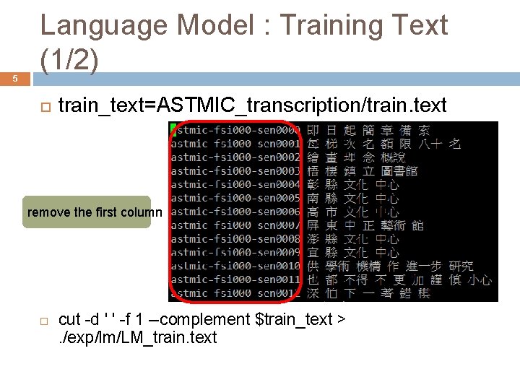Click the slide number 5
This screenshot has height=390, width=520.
click(x=15, y=80)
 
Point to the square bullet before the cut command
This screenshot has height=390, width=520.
click(x=43, y=320)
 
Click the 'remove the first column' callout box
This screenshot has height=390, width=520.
click(x=87, y=212)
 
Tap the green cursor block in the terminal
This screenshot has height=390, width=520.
click(x=173, y=130)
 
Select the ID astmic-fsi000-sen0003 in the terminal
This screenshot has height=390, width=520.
click(x=235, y=171)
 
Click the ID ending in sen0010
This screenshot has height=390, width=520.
click(x=235, y=266)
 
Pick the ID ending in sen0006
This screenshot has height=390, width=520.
click(x=235, y=212)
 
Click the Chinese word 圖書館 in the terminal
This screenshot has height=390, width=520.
click(x=400, y=171)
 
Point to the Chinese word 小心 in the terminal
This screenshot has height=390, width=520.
click(x=479, y=279)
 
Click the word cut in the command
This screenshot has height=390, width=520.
click(x=69, y=319)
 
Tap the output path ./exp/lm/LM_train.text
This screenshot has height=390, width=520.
click(x=137, y=337)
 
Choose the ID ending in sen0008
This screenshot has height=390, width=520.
click(x=235, y=239)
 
